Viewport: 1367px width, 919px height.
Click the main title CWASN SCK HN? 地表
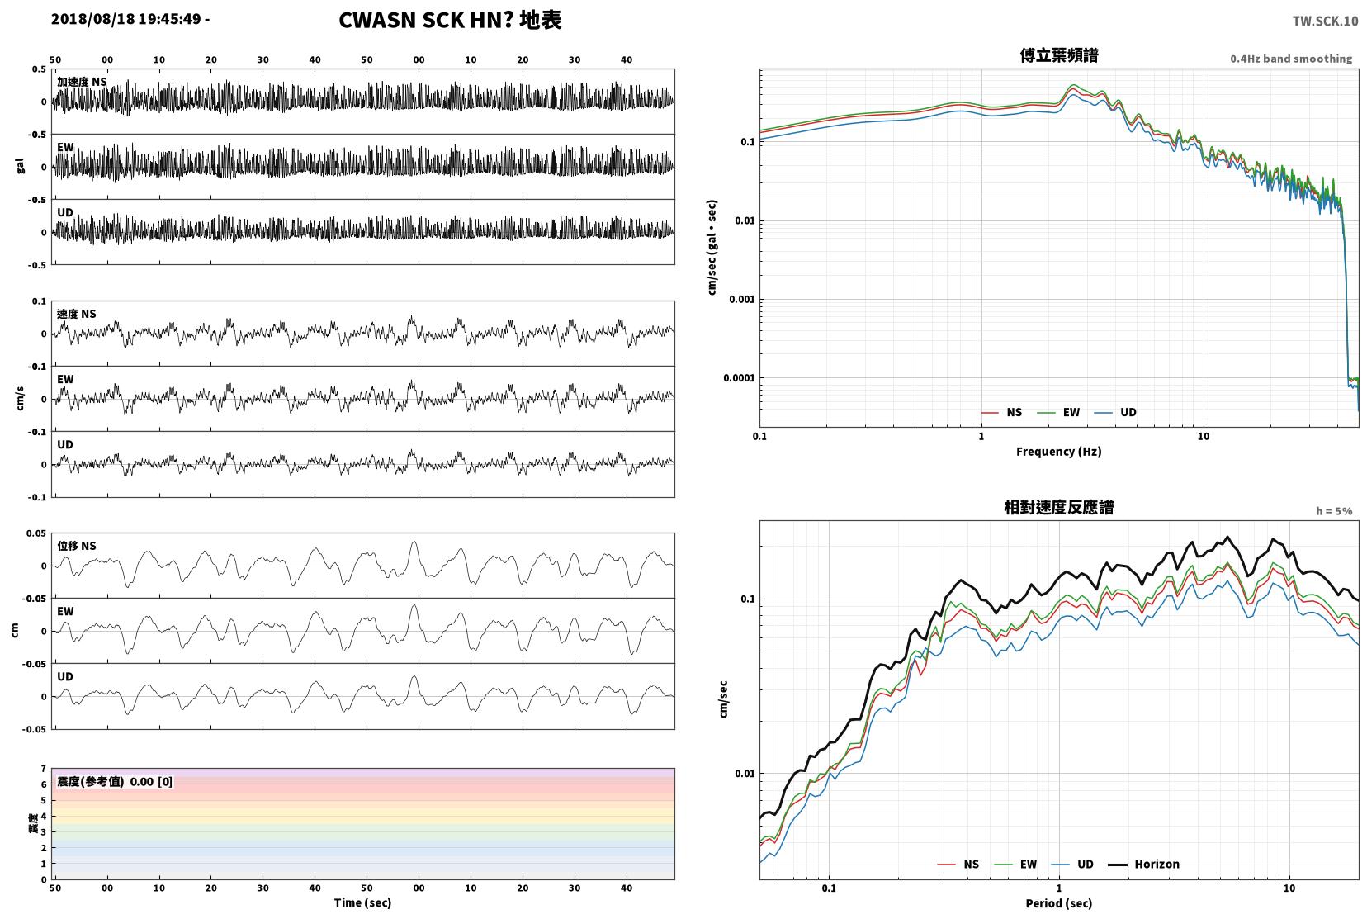click(450, 20)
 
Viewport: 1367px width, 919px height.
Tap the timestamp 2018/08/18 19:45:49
click(125, 19)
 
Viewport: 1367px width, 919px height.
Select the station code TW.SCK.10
click(1325, 21)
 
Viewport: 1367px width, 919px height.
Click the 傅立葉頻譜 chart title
click(1059, 55)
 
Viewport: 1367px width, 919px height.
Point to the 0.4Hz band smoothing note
click(1291, 59)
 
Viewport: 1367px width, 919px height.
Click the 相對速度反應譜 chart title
click(1059, 507)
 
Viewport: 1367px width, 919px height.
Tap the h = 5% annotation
click(1334, 511)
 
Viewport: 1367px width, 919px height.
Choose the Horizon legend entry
click(1143, 864)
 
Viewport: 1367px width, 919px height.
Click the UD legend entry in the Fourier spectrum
click(1115, 413)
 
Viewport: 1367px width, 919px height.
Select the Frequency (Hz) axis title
click(1059, 452)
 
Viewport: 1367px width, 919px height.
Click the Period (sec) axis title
click(1059, 903)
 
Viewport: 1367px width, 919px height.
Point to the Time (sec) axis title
click(362, 902)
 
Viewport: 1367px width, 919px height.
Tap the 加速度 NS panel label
click(82, 82)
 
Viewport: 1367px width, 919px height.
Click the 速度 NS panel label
click(76, 314)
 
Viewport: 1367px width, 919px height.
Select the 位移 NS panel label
click(76, 546)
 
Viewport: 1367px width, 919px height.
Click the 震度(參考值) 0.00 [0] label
click(115, 782)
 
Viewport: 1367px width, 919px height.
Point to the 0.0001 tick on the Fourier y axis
click(739, 378)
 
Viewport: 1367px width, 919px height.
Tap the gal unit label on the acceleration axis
click(21, 166)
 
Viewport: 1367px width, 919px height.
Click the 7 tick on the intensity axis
click(43, 769)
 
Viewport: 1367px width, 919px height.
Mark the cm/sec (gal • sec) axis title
click(712, 248)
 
